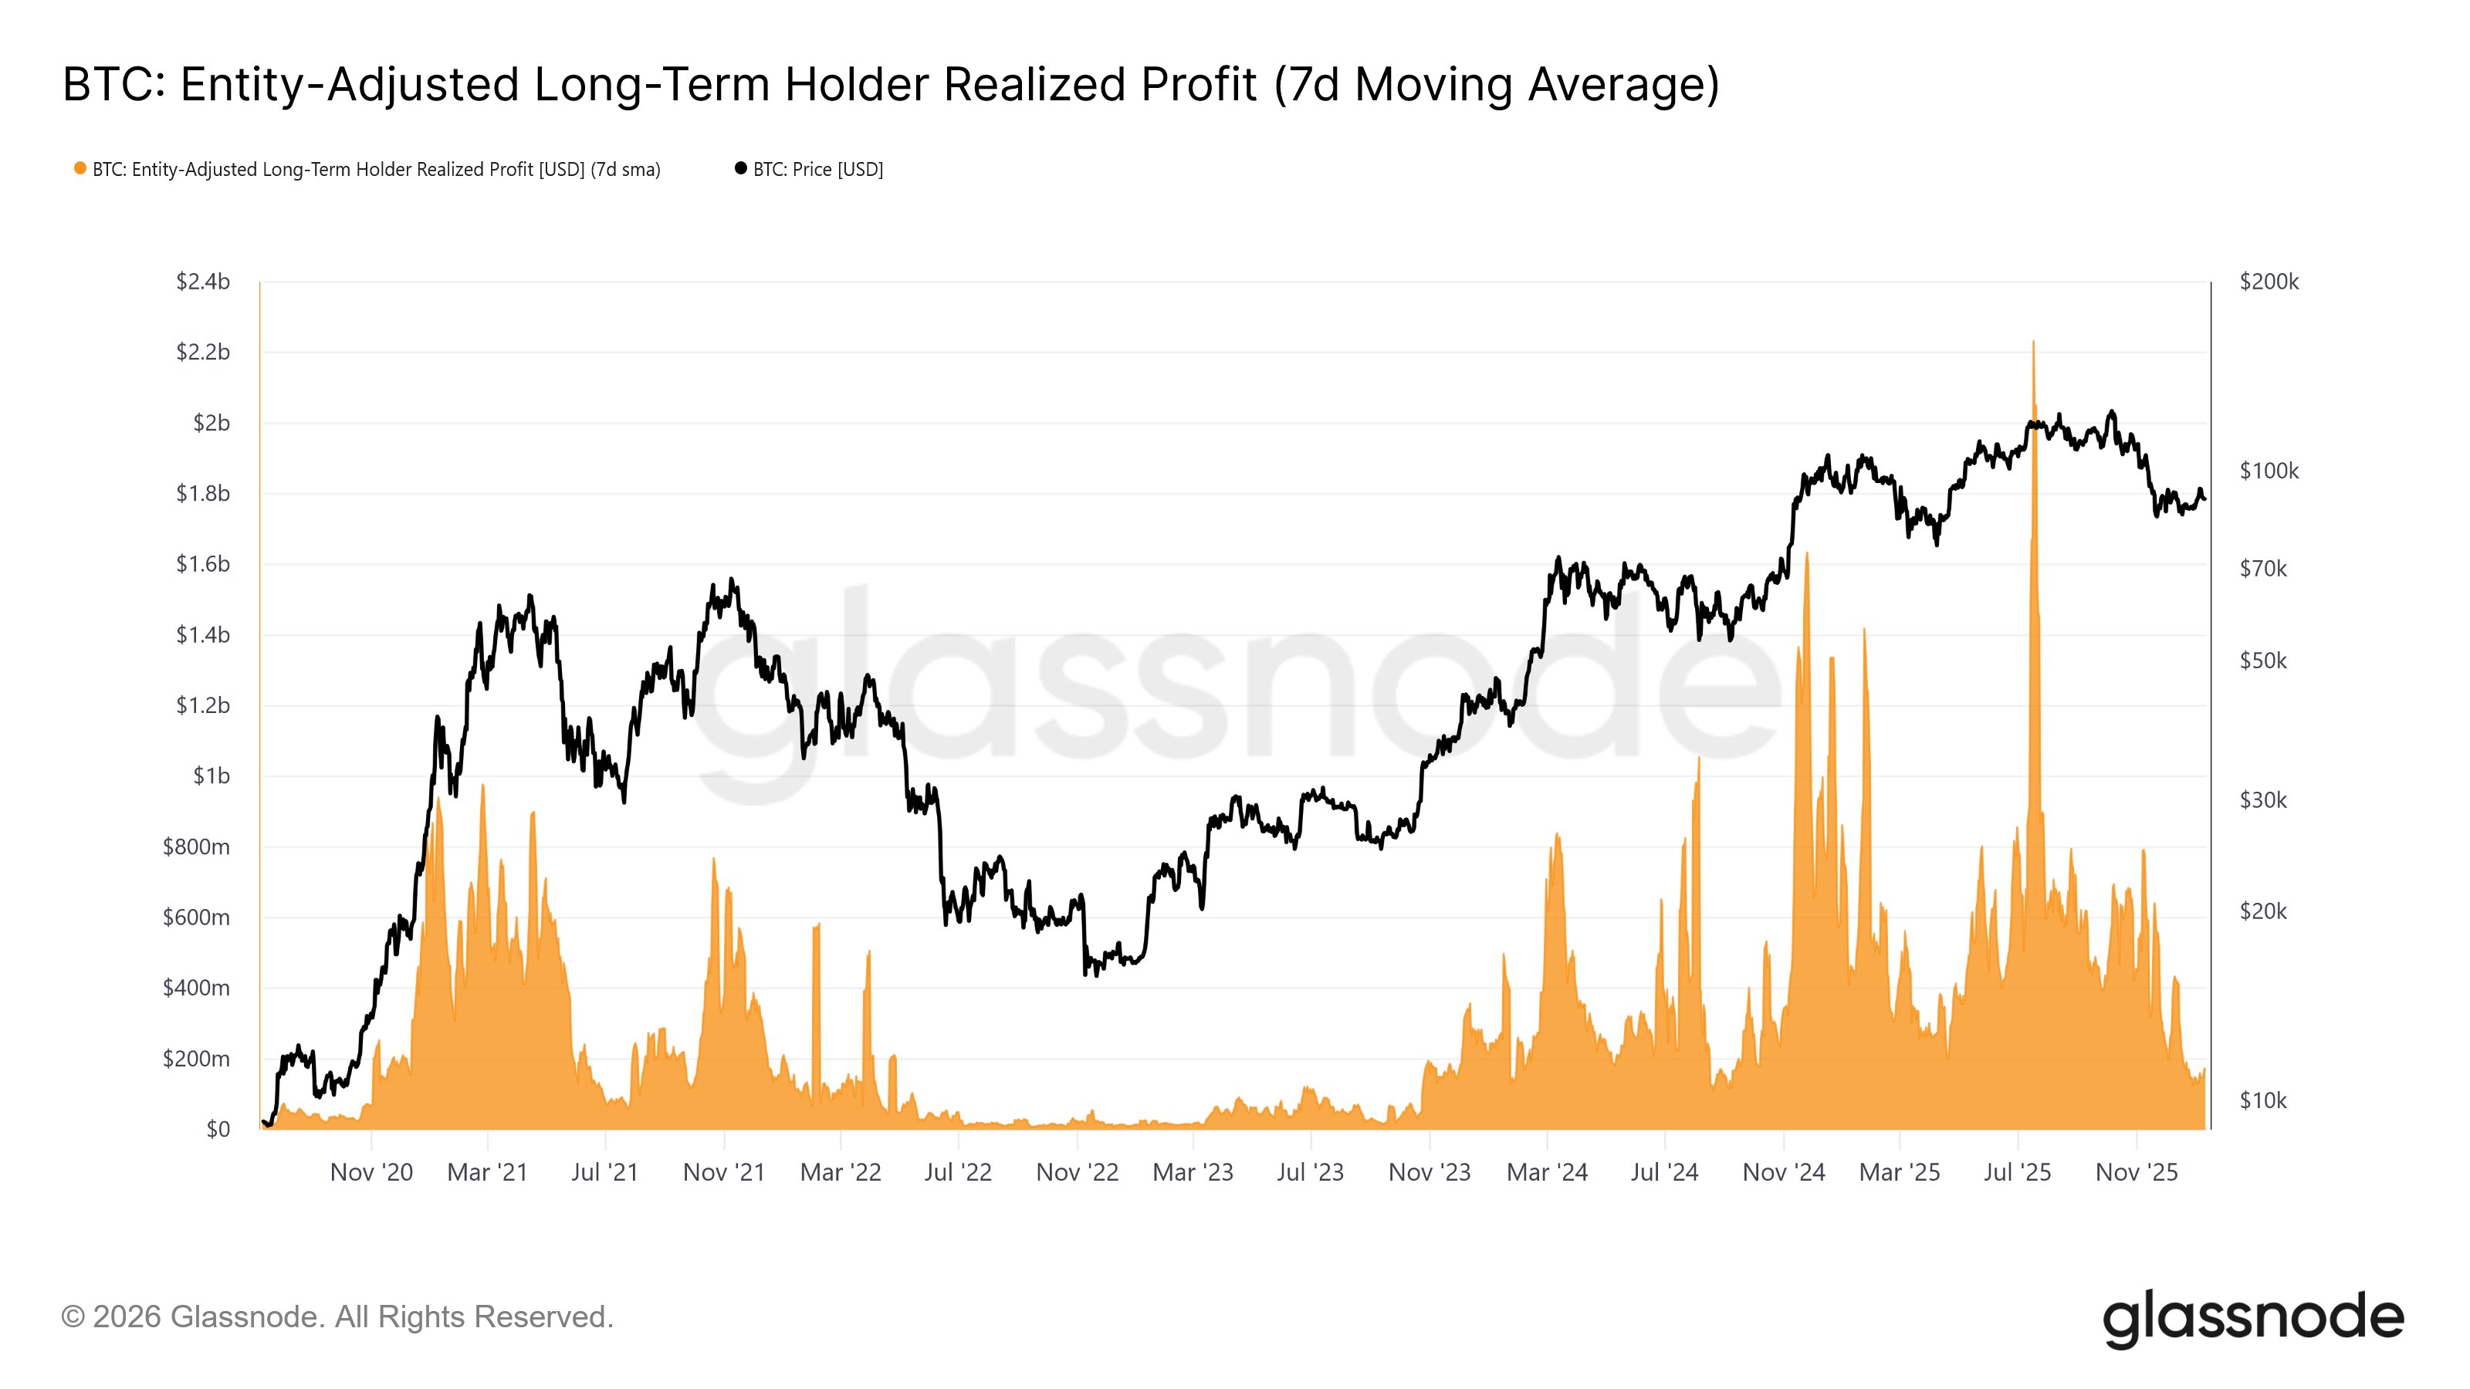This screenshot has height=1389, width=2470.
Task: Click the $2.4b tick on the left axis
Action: click(202, 282)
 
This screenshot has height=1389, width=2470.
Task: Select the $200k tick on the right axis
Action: click(2269, 282)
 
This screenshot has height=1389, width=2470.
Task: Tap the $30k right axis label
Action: click(2263, 799)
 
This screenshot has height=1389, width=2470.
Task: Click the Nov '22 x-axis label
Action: click(1077, 1172)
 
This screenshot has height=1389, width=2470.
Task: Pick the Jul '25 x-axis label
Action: click(2016, 1172)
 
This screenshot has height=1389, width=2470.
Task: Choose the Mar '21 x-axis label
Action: click(487, 1172)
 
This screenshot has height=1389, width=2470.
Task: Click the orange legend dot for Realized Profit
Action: click(80, 169)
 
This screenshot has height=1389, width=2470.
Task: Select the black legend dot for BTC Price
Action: click(740, 169)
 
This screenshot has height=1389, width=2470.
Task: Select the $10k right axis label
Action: click(2263, 1100)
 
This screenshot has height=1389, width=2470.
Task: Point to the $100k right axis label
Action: click(2269, 471)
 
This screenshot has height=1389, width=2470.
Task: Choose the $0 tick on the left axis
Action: click(218, 1129)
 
